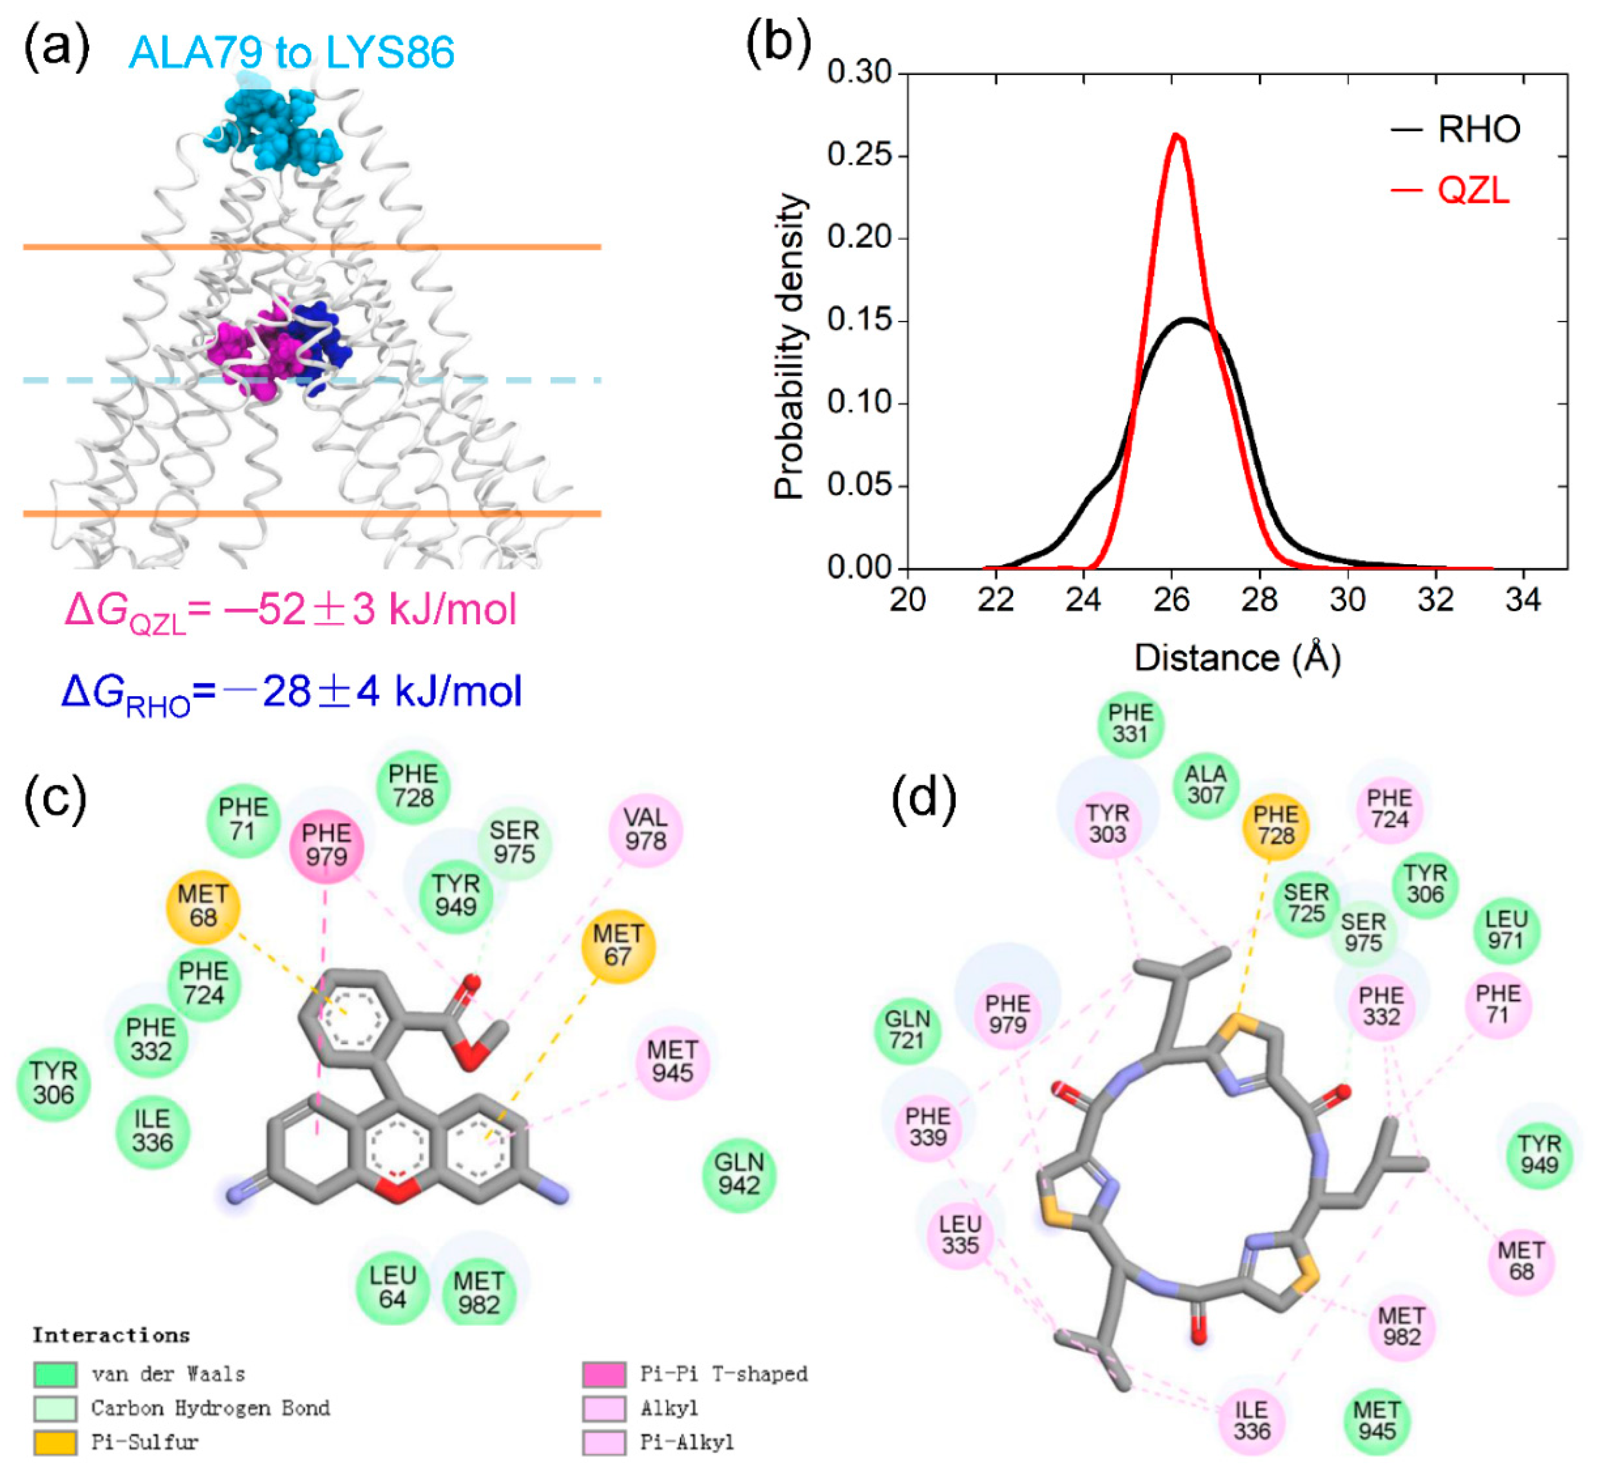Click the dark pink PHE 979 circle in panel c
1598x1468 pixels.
[x=326, y=844]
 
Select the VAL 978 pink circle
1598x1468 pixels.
[x=645, y=829]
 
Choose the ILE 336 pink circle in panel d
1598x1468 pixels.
[x=1252, y=1420]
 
